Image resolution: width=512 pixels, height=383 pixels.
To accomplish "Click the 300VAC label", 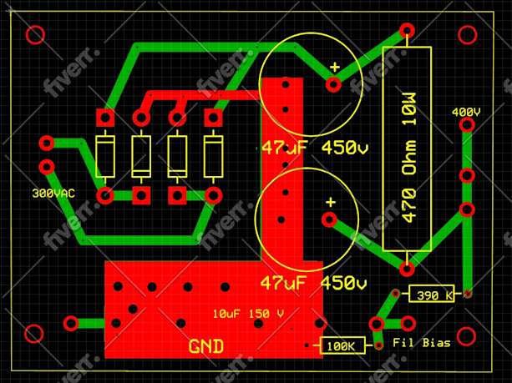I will tap(53, 193).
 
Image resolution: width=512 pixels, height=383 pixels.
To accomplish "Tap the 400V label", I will tap(465, 112).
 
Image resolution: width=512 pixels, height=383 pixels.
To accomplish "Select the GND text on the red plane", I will tap(205, 345).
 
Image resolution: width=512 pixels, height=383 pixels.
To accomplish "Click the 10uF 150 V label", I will tap(248, 314).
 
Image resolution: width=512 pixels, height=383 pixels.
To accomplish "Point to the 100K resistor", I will tap(341, 345).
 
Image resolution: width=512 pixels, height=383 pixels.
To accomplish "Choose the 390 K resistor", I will tap(433, 294).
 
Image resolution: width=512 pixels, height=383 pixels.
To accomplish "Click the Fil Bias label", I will tap(422, 343).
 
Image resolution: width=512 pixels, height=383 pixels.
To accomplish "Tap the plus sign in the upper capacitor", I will tap(335, 67).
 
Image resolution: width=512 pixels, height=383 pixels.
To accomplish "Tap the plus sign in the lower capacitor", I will tap(331, 202).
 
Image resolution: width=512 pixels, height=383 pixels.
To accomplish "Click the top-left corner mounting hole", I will tap(35, 35).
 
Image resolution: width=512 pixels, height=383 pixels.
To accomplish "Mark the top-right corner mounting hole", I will tap(469, 35).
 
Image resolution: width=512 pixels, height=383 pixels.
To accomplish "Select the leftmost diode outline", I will tap(105, 156).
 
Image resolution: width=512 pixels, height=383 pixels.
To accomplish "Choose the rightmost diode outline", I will tap(215, 156).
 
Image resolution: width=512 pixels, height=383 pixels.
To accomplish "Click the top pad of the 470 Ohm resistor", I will tap(407, 31).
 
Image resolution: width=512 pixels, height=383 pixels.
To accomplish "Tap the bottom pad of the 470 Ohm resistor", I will tap(407, 269).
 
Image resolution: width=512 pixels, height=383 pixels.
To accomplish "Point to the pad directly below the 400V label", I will tap(467, 124).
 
